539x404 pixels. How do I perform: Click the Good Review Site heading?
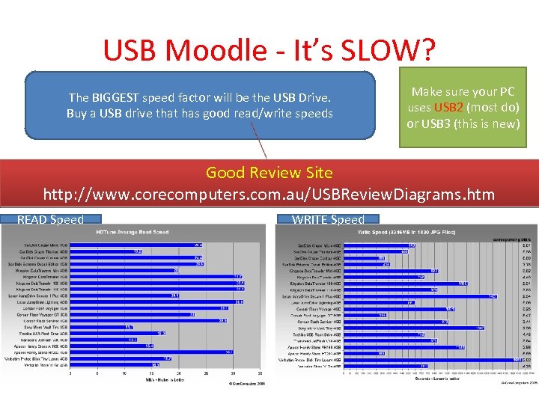[x=269, y=173]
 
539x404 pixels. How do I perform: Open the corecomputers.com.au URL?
[x=269, y=195]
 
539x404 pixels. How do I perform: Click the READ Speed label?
[x=50, y=220]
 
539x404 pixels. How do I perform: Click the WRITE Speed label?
[x=328, y=220]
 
